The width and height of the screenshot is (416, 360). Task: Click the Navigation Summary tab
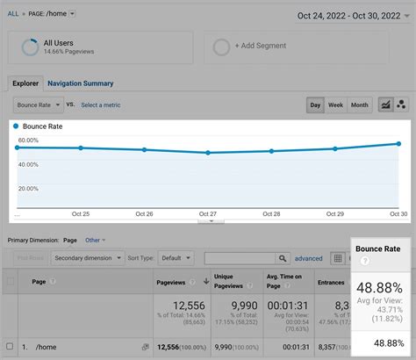point(80,83)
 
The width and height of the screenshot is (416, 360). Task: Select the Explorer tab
point(26,83)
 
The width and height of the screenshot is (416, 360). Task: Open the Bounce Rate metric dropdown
point(39,104)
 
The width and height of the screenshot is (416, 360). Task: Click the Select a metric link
point(101,104)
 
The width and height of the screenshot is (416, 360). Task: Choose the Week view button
point(335,104)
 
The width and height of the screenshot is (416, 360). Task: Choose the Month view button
point(360,104)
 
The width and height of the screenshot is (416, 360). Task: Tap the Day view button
point(315,104)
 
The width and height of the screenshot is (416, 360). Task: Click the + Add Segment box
point(259,47)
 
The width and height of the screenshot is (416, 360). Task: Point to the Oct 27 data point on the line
point(208,153)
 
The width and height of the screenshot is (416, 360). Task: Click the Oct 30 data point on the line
point(399,143)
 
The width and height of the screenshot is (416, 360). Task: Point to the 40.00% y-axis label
point(28,164)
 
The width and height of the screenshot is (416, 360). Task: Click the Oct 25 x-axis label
point(81,213)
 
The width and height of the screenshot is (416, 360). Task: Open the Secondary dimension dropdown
point(85,258)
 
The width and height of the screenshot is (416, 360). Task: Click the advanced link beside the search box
point(308,258)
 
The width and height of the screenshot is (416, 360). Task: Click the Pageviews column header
point(171,281)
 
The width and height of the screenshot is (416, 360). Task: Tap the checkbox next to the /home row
point(11,345)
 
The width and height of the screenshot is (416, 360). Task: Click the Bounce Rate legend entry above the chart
point(42,126)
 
